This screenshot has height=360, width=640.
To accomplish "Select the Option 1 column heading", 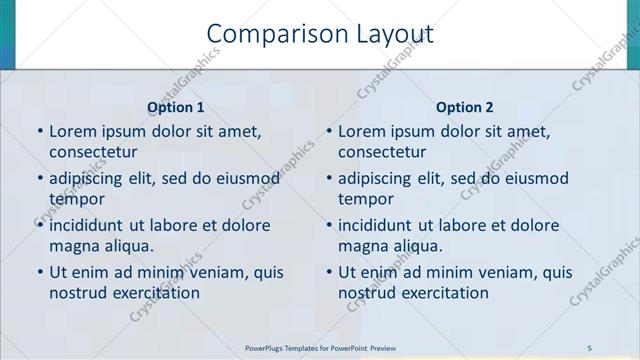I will click(176, 107).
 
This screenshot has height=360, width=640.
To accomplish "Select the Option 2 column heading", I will click(465, 107).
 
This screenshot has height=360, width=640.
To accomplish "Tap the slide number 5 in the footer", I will click(590, 346).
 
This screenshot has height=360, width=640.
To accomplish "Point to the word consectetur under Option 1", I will click(93, 152).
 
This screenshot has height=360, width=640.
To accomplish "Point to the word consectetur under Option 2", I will click(383, 152).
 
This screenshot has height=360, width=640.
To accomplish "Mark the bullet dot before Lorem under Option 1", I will click(39, 131).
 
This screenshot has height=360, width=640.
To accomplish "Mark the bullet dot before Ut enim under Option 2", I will click(329, 271).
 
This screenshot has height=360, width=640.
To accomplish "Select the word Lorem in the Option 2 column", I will click(361, 131).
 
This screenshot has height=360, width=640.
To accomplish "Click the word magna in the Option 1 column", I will click(72, 246).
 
